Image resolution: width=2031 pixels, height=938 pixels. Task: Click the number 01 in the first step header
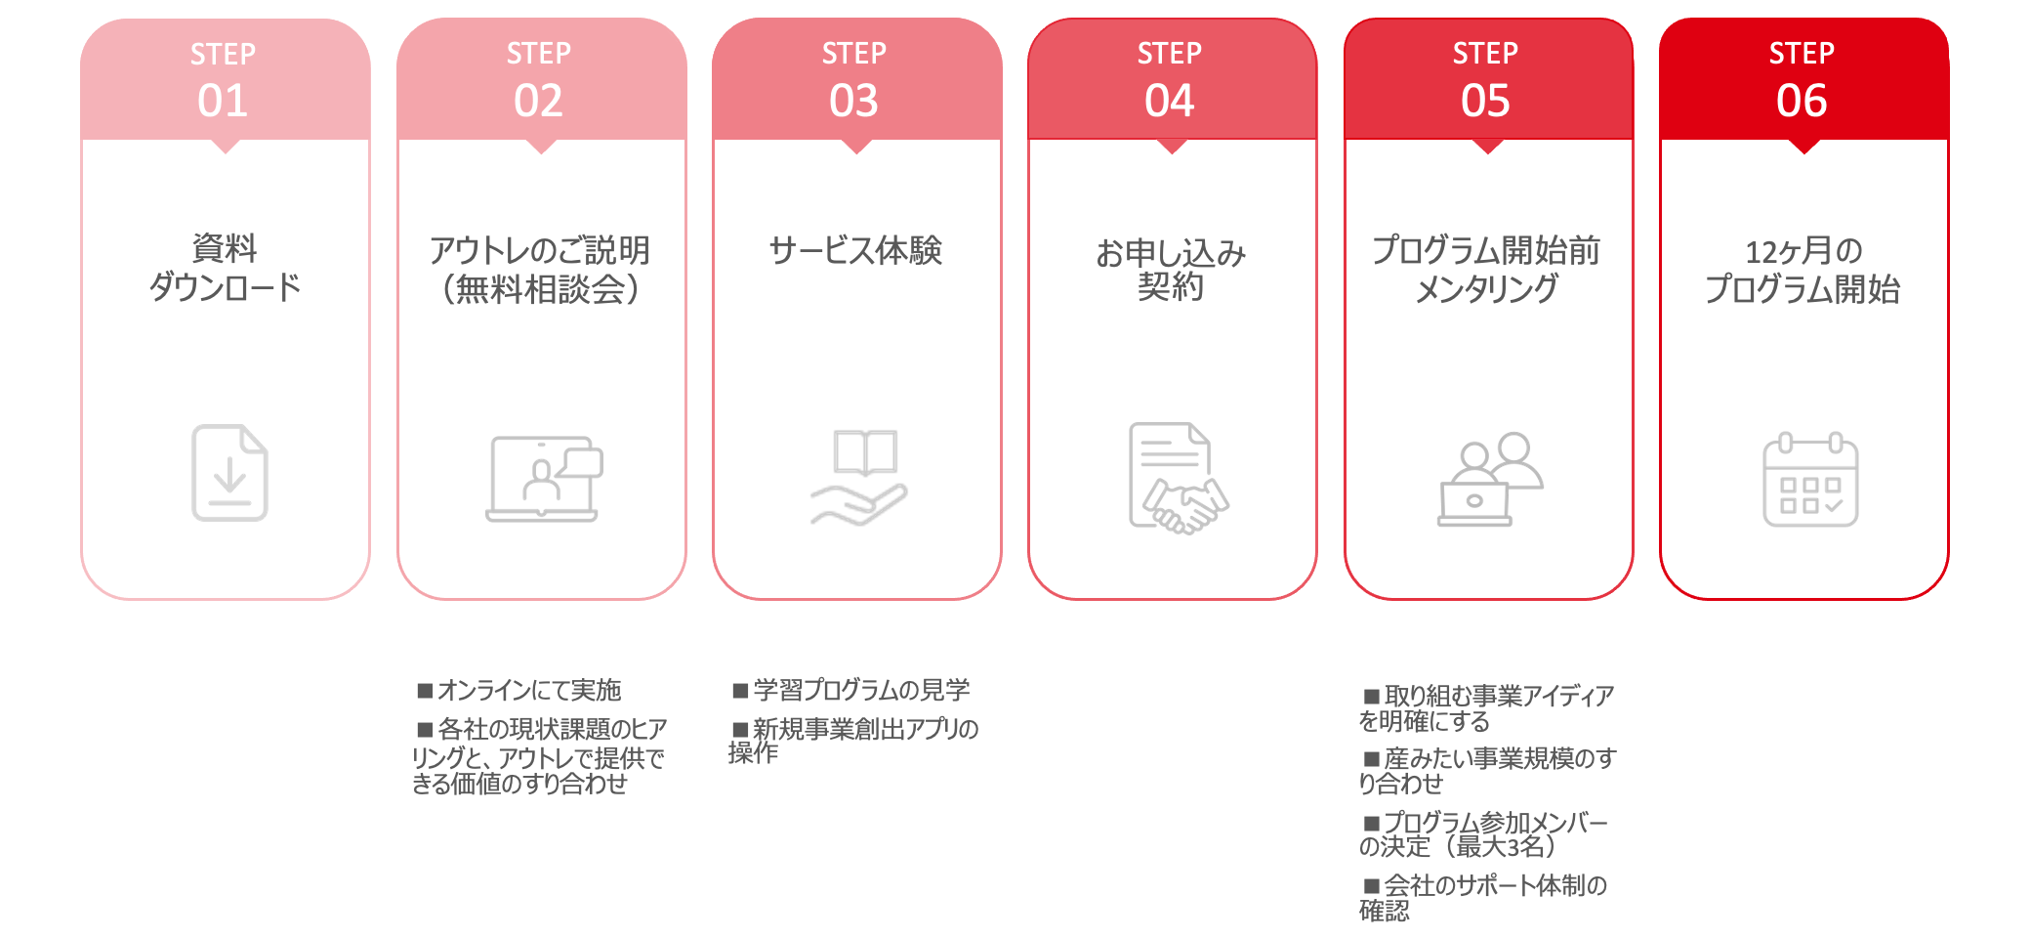pos(223,101)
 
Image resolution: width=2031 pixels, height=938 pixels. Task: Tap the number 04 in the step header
pos(1170,101)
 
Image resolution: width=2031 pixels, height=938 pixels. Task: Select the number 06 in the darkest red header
pos(1802,101)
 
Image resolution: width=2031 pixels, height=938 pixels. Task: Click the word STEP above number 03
pos(854,54)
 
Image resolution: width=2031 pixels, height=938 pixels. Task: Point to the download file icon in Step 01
pos(229,473)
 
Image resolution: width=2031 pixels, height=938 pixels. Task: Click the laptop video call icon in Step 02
pos(544,479)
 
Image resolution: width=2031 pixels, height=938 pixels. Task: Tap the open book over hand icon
pos(860,477)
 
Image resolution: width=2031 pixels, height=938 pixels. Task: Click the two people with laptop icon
pos(1489,479)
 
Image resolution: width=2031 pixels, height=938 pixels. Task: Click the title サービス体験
pos(855,251)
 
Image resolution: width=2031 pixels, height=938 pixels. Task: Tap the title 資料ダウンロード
pos(225,268)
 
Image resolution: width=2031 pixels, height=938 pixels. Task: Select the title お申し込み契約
pos(1171,270)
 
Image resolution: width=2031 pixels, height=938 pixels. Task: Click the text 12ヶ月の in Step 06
pos(1803,252)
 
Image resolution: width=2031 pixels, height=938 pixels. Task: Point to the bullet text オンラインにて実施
pos(528,691)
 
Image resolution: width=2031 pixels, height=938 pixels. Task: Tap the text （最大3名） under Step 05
pos(1505,846)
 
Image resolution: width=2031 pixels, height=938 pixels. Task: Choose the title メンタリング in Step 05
pos(1486,289)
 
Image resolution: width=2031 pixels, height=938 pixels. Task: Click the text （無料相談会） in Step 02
pos(540,290)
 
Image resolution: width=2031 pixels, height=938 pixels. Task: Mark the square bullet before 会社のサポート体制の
pos(1372,886)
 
